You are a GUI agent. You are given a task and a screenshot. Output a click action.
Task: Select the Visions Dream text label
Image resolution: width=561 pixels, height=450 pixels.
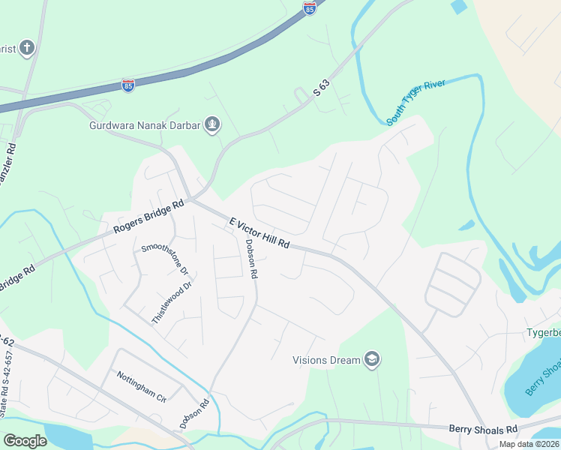point(326,360)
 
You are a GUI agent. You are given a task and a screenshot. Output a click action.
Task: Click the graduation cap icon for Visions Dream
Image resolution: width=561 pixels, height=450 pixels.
point(371,360)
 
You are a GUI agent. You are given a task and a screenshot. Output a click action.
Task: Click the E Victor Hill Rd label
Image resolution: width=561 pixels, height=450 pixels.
point(259,233)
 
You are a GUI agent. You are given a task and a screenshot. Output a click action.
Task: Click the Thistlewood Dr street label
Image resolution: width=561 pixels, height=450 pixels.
point(172,302)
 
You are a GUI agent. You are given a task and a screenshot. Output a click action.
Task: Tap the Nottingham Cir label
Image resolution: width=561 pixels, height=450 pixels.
point(140,385)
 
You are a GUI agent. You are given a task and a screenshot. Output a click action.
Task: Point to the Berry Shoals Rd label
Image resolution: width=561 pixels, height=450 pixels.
point(483,429)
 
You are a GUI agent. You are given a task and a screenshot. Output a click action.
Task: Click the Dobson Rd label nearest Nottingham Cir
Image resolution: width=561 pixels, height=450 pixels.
point(194,413)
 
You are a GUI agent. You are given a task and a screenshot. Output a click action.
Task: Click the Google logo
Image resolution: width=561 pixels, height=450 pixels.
point(25,441)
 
